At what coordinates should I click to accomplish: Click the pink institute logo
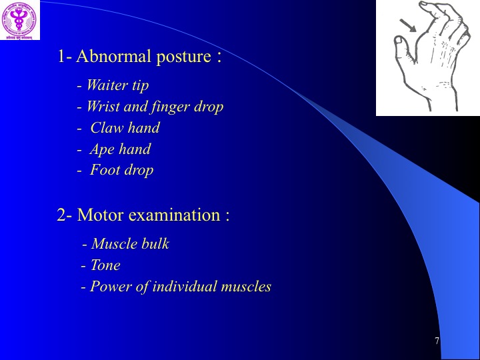[x=19, y=19]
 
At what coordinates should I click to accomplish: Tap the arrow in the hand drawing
[x=408, y=25]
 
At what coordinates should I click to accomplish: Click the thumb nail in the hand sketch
[x=399, y=40]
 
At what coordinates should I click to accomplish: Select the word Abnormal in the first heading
[x=113, y=56]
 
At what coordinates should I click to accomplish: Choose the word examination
[x=175, y=215]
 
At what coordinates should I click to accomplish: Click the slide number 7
[x=437, y=341]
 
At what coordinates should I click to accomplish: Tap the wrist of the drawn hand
[x=440, y=92]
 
